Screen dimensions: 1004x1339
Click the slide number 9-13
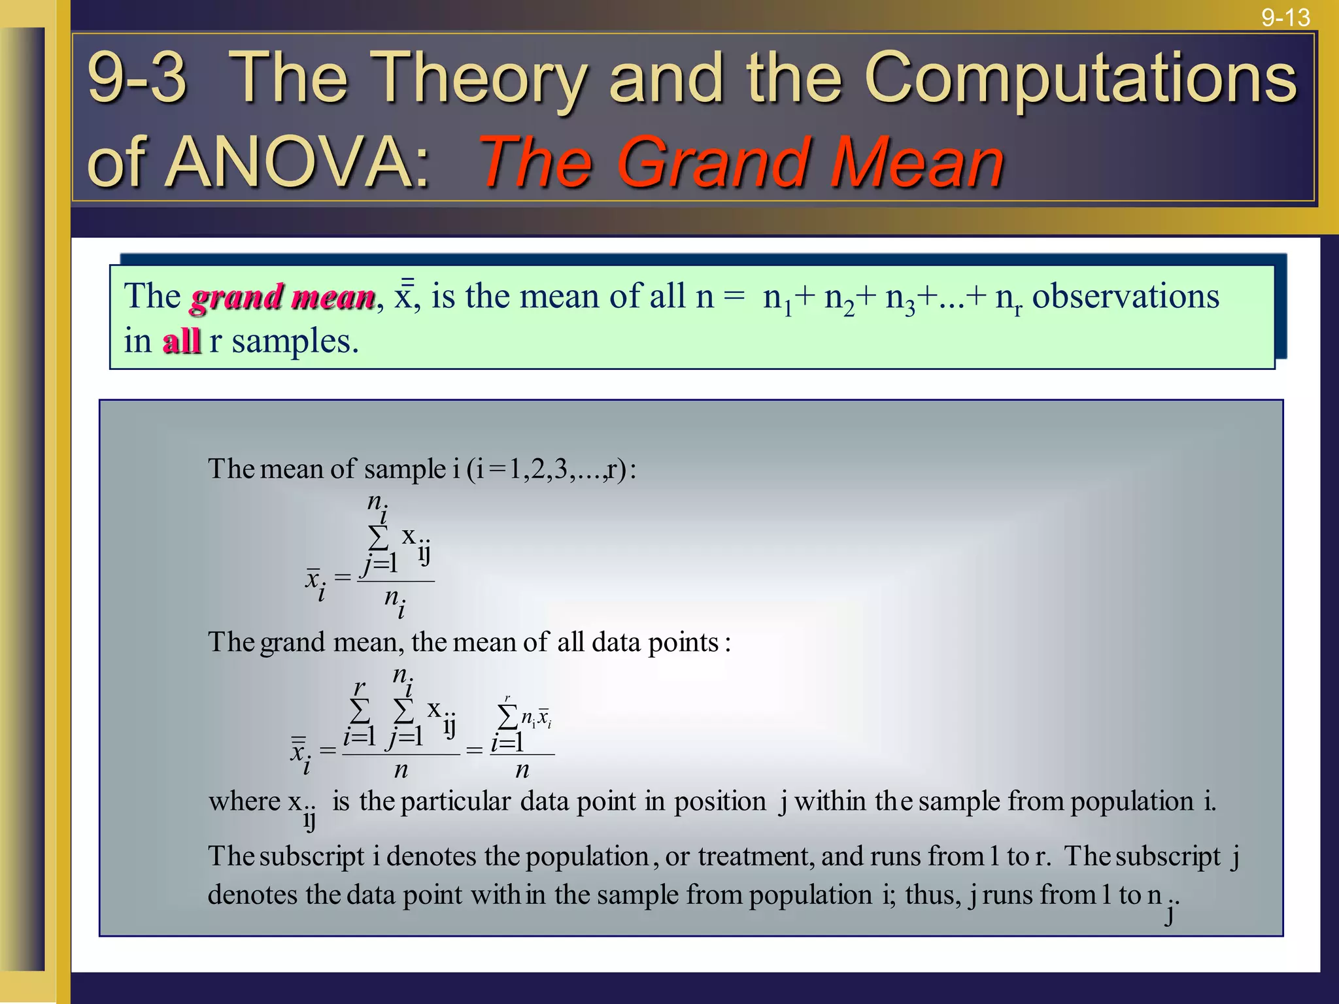[x=1285, y=17]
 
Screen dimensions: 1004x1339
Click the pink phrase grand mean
[x=282, y=297]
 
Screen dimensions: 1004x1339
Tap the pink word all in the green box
[x=181, y=341]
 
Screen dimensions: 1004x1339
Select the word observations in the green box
[x=1125, y=296]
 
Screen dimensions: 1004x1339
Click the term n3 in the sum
[x=900, y=299]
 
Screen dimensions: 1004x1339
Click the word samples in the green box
[x=295, y=341]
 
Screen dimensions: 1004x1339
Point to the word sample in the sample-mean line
[x=405, y=469]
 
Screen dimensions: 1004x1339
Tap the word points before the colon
[x=683, y=643]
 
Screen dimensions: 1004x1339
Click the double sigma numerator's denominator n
[x=401, y=770]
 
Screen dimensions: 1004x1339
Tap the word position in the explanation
[x=720, y=801]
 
